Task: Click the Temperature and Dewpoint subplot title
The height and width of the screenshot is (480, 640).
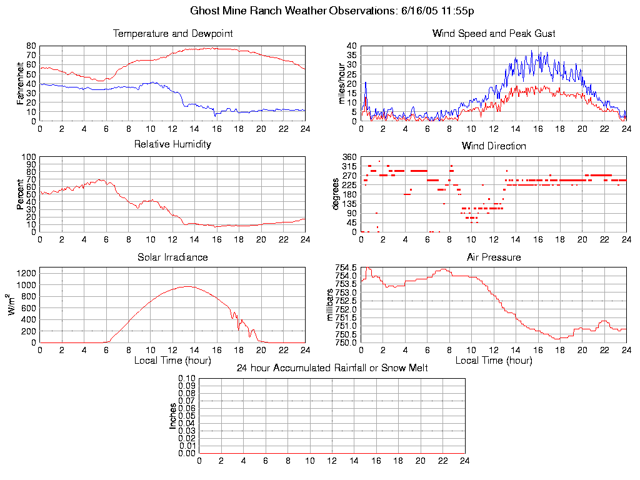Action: (172, 34)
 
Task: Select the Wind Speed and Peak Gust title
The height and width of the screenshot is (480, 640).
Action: (494, 34)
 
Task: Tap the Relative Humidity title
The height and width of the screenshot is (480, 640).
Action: (172, 144)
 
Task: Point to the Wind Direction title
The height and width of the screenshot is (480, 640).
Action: (494, 146)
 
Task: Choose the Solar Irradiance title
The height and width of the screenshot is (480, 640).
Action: (172, 257)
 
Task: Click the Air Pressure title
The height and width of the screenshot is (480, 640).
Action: (494, 257)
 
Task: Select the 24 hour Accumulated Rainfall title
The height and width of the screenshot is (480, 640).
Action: (332, 368)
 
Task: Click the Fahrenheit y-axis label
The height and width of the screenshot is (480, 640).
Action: (21, 83)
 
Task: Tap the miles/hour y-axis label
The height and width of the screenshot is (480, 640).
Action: (342, 83)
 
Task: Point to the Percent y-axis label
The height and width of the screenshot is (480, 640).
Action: (21, 194)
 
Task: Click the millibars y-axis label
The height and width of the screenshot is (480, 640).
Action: (331, 305)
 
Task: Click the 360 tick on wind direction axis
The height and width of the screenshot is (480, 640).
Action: (350, 157)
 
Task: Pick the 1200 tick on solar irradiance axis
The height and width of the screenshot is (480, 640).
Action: (26, 273)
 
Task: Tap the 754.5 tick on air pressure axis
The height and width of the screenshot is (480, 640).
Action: (346, 267)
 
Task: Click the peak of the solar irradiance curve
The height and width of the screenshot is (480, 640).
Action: (188, 286)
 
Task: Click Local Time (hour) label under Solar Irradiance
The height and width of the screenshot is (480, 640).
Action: (172, 360)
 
